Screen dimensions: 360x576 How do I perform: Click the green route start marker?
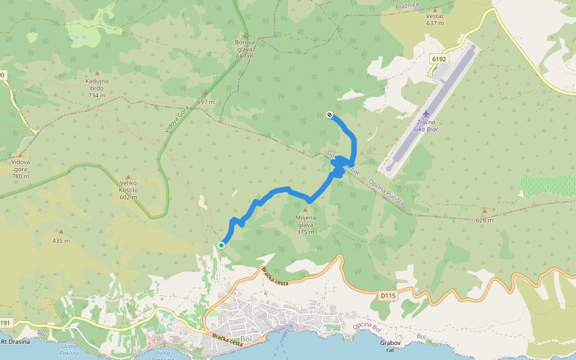[x=221, y=245]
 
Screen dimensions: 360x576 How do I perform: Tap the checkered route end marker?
[x=329, y=115]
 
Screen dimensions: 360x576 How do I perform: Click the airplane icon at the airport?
[x=426, y=113]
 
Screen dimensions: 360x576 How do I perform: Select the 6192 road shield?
[x=439, y=59]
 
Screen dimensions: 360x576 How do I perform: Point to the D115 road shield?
[x=388, y=295]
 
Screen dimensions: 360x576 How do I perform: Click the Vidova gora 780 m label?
[x=20, y=169]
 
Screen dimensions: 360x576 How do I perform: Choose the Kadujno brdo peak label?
[x=97, y=88]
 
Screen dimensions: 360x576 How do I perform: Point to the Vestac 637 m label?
[x=434, y=20]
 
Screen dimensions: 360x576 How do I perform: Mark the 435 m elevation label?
[x=61, y=241]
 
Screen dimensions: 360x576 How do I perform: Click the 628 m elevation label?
[x=484, y=220]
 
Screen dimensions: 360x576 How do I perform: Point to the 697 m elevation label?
[x=205, y=101]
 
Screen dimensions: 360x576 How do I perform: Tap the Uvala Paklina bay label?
[x=70, y=350]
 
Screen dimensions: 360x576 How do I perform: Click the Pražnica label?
[x=406, y=6]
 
